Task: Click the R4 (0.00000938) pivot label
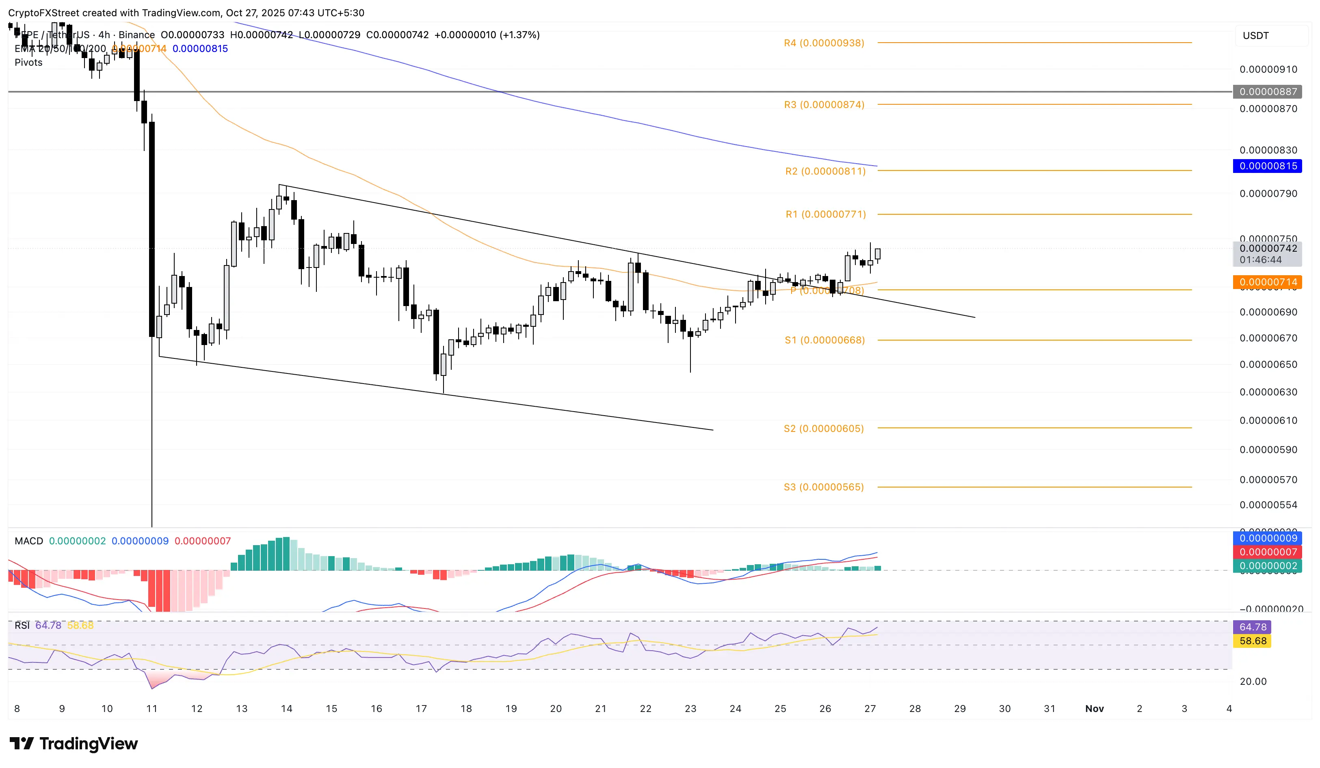point(823,43)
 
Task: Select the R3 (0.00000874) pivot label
point(823,105)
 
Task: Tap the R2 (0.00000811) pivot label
point(825,171)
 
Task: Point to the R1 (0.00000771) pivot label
point(826,214)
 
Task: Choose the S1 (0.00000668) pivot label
point(824,340)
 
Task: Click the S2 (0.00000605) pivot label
point(823,429)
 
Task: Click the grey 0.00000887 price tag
point(1268,92)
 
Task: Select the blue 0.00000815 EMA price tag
point(1268,166)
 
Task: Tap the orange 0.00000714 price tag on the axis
point(1268,282)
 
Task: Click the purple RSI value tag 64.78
point(1253,627)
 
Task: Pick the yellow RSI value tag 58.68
point(1253,641)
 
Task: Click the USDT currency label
point(1255,36)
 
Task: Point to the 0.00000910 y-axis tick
point(1268,69)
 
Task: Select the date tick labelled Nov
point(1094,708)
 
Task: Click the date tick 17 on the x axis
point(421,708)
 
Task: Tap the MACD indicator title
point(29,541)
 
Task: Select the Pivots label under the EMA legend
point(28,62)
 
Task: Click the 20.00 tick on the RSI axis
point(1253,681)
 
